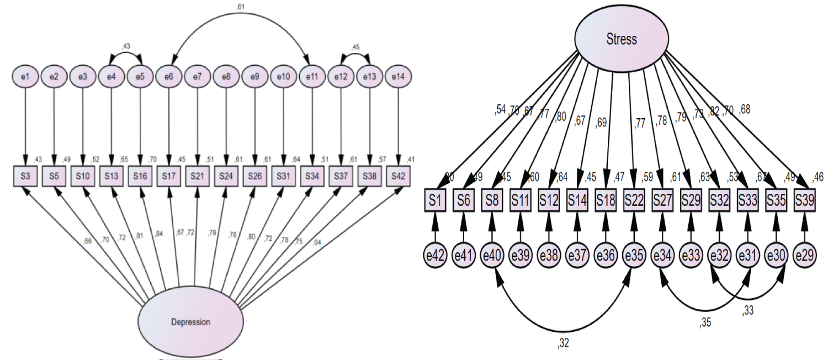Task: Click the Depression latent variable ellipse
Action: click(190, 321)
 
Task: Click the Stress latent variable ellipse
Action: click(622, 39)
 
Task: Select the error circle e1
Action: click(25, 77)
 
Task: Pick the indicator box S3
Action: click(25, 177)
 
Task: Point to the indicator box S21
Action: click(198, 177)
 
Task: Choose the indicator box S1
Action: click(435, 199)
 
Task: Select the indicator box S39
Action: click(804, 199)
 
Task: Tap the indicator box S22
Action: click(633, 199)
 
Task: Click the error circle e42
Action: click(435, 256)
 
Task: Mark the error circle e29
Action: click(804, 256)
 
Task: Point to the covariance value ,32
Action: click(562, 343)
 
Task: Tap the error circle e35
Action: click(633, 256)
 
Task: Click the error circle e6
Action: click(169, 77)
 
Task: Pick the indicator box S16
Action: click(140, 177)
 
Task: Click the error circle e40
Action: click(492, 256)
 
